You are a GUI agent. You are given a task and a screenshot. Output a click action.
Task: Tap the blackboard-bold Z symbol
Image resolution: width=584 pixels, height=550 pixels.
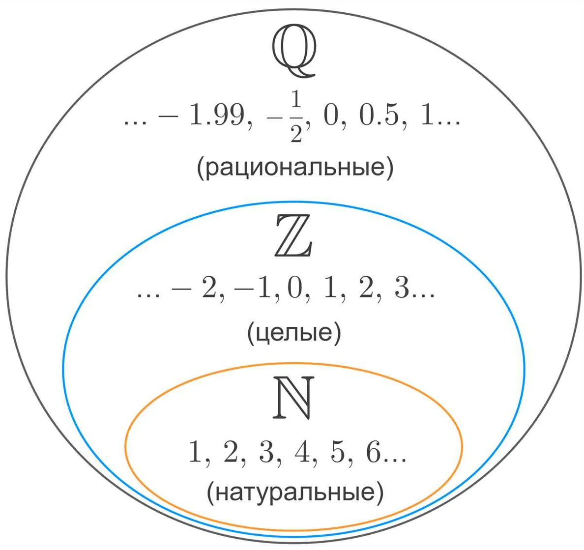(293, 236)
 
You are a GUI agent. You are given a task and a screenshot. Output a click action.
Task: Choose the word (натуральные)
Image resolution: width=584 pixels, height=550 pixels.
(294, 492)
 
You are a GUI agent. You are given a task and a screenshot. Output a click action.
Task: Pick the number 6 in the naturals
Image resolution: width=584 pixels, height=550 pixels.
(373, 452)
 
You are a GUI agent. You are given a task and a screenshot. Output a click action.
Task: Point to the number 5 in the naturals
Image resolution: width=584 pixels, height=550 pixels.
(337, 452)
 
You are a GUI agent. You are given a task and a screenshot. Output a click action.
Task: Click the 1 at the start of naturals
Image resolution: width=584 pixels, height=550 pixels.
(196, 452)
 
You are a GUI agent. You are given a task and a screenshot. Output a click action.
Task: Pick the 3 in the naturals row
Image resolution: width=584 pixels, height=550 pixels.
(266, 452)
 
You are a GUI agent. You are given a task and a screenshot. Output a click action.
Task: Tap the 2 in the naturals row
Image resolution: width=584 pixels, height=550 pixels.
(231, 452)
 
